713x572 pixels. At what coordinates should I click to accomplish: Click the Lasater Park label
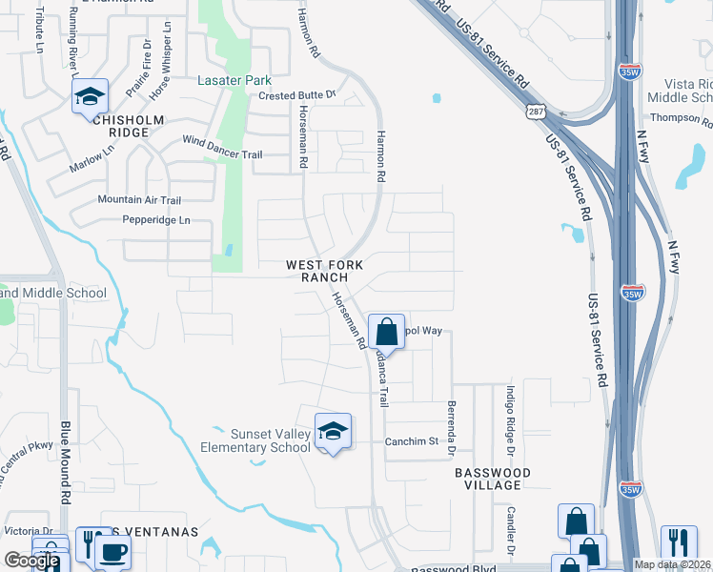(234, 81)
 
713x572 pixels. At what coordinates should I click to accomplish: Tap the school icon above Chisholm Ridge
(91, 97)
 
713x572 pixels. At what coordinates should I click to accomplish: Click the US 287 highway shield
(536, 112)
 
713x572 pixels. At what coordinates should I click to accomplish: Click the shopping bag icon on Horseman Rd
(386, 334)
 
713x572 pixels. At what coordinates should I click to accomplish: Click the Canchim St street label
(411, 441)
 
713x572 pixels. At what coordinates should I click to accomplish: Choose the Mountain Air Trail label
(139, 200)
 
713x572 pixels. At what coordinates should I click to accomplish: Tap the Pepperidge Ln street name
(156, 220)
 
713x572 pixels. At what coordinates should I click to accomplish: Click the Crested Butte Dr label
(298, 94)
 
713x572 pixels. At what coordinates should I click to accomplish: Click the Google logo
(31, 561)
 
